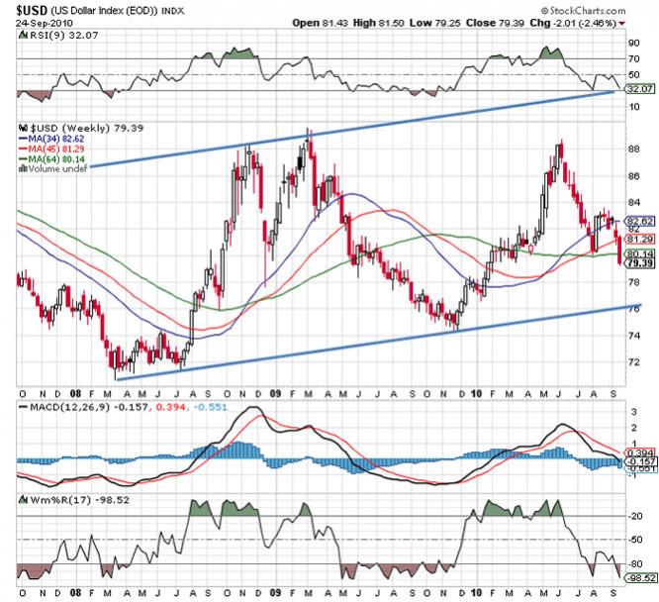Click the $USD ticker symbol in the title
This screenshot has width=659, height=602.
(x=32, y=7)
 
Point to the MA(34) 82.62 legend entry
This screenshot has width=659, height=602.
(x=56, y=140)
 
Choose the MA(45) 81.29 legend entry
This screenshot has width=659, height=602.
(x=56, y=150)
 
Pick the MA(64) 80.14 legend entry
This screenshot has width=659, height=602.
(x=56, y=159)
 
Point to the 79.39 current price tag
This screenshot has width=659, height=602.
(x=639, y=264)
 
